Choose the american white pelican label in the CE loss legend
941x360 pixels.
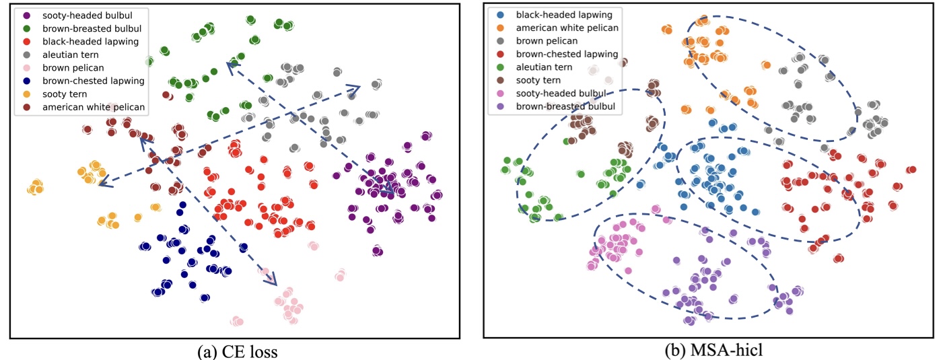pyautogui.click(x=93, y=107)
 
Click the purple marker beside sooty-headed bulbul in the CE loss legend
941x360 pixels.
pyautogui.click(x=26, y=15)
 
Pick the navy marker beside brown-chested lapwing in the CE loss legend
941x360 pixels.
pyautogui.click(x=26, y=81)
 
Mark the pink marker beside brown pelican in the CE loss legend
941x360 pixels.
pyautogui.click(x=26, y=68)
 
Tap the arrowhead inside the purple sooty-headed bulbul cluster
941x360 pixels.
pyautogui.click(x=389, y=190)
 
